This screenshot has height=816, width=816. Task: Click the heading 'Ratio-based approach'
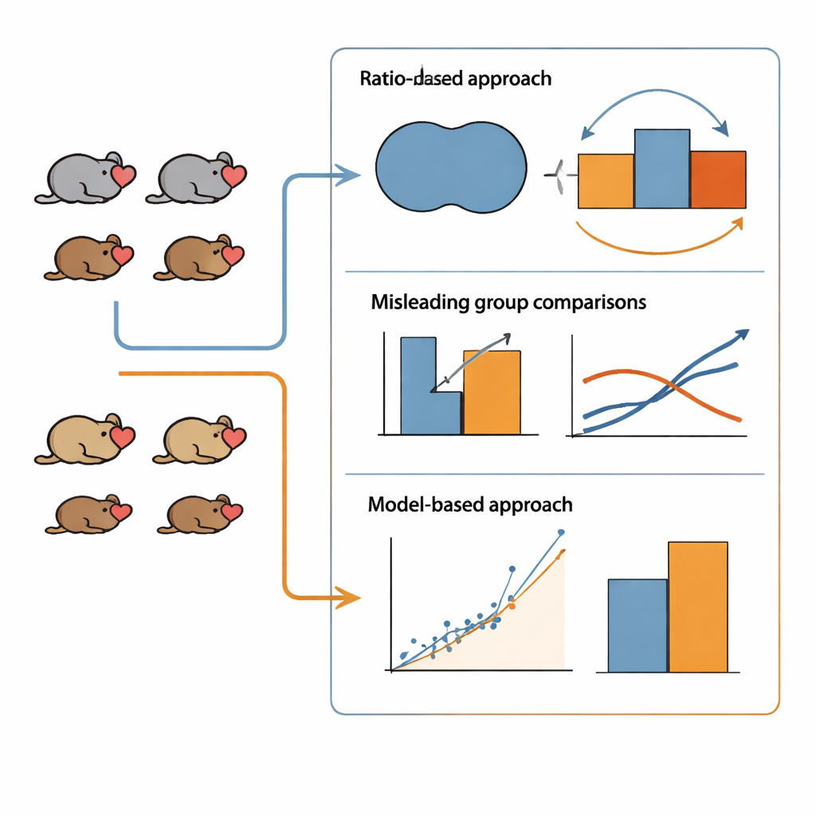455,79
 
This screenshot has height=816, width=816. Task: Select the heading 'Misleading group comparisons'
508,303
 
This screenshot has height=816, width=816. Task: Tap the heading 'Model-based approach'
470,504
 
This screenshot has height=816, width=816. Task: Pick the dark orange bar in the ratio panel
718,179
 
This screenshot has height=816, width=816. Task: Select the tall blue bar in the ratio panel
661,169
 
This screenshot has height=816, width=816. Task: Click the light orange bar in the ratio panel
606,182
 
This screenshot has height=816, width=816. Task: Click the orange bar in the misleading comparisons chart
492,392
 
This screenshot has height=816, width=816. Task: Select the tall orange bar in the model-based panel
697,606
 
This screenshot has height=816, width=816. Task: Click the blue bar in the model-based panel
637,626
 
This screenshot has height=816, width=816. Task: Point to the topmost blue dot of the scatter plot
561,532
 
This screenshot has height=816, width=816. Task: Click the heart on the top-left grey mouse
123,176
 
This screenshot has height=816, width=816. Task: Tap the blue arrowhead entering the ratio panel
349,175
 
